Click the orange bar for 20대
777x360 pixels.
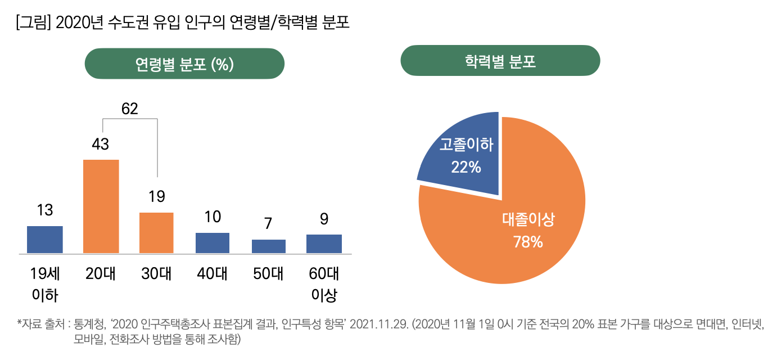click(x=101, y=206)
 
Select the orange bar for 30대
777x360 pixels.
click(x=156, y=232)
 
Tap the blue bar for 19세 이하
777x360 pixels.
click(x=45, y=239)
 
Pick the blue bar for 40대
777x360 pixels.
click(x=213, y=242)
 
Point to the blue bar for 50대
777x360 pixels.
click(x=269, y=246)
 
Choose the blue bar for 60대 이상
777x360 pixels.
click(x=324, y=244)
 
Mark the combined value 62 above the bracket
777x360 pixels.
click(x=129, y=109)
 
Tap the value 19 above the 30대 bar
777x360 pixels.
click(x=157, y=197)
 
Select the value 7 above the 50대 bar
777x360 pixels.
click(x=269, y=223)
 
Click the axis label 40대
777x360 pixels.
click(x=213, y=274)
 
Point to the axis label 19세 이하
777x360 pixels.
click(x=45, y=285)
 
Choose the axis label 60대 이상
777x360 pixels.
click(x=324, y=285)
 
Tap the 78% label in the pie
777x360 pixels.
click(x=528, y=242)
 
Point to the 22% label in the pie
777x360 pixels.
click(x=466, y=167)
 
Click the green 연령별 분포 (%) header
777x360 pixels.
click(x=184, y=64)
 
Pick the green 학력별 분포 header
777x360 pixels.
click(x=500, y=61)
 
